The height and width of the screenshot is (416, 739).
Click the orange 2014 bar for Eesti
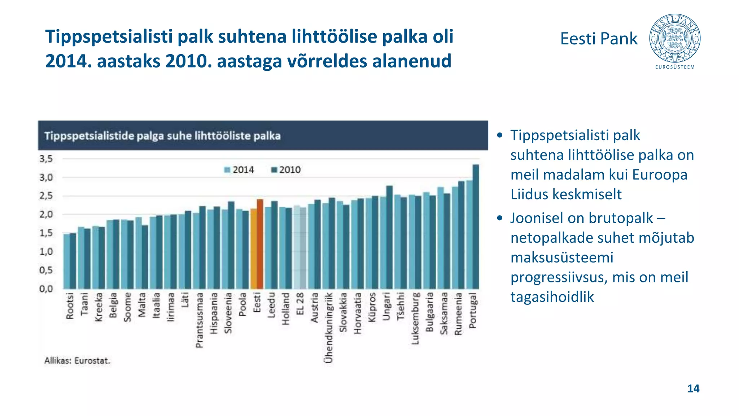click(x=253, y=249)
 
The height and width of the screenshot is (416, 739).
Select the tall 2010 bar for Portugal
click(x=476, y=227)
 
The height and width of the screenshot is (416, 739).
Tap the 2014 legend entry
click(x=239, y=170)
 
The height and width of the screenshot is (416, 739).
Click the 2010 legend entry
click(x=286, y=170)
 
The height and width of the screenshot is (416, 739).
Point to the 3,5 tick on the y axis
click(x=46, y=159)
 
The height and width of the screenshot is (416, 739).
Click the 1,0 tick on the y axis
click(x=46, y=251)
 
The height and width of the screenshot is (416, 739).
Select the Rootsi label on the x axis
click(x=70, y=306)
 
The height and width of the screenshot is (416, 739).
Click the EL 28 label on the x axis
click(x=300, y=304)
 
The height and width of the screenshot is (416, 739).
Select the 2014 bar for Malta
click(x=139, y=253)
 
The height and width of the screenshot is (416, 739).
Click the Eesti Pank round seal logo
click(x=674, y=39)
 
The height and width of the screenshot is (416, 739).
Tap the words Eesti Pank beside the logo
click(x=599, y=39)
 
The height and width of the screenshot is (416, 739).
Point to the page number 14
click(x=693, y=389)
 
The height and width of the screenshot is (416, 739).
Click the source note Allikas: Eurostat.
click(x=77, y=360)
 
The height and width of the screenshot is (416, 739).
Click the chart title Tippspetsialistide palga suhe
click(x=162, y=136)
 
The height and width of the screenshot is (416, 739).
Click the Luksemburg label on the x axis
click(x=415, y=318)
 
